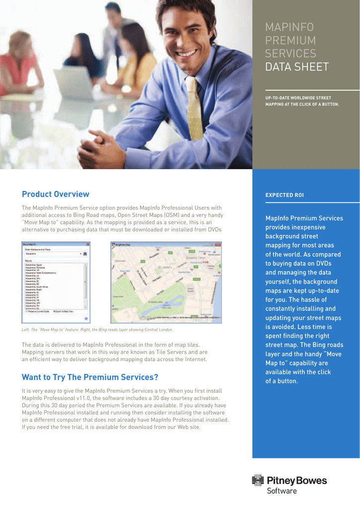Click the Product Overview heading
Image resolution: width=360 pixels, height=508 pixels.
[x=55, y=194]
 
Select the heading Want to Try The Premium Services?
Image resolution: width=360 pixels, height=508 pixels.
[x=90, y=377]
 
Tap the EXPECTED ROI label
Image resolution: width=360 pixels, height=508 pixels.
[x=285, y=195]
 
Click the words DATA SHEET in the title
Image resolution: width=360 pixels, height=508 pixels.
[x=297, y=67]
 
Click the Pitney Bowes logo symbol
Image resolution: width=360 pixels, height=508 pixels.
[x=258, y=480]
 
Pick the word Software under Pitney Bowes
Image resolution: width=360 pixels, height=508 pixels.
[x=282, y=491]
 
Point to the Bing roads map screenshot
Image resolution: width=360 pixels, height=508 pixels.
[x=166, y=281]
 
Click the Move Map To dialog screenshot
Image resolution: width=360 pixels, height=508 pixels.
[x=56, y=281]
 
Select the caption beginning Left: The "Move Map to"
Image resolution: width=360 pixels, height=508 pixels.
[x=97, y=329]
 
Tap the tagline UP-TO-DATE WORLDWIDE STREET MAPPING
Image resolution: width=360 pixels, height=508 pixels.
[x=302, y=101]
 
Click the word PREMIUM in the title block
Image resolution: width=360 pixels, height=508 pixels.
[x=290, y=40]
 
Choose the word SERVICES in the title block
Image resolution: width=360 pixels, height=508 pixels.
[x=290, y=54]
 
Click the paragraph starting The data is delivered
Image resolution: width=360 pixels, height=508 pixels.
[x=114, y=352]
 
